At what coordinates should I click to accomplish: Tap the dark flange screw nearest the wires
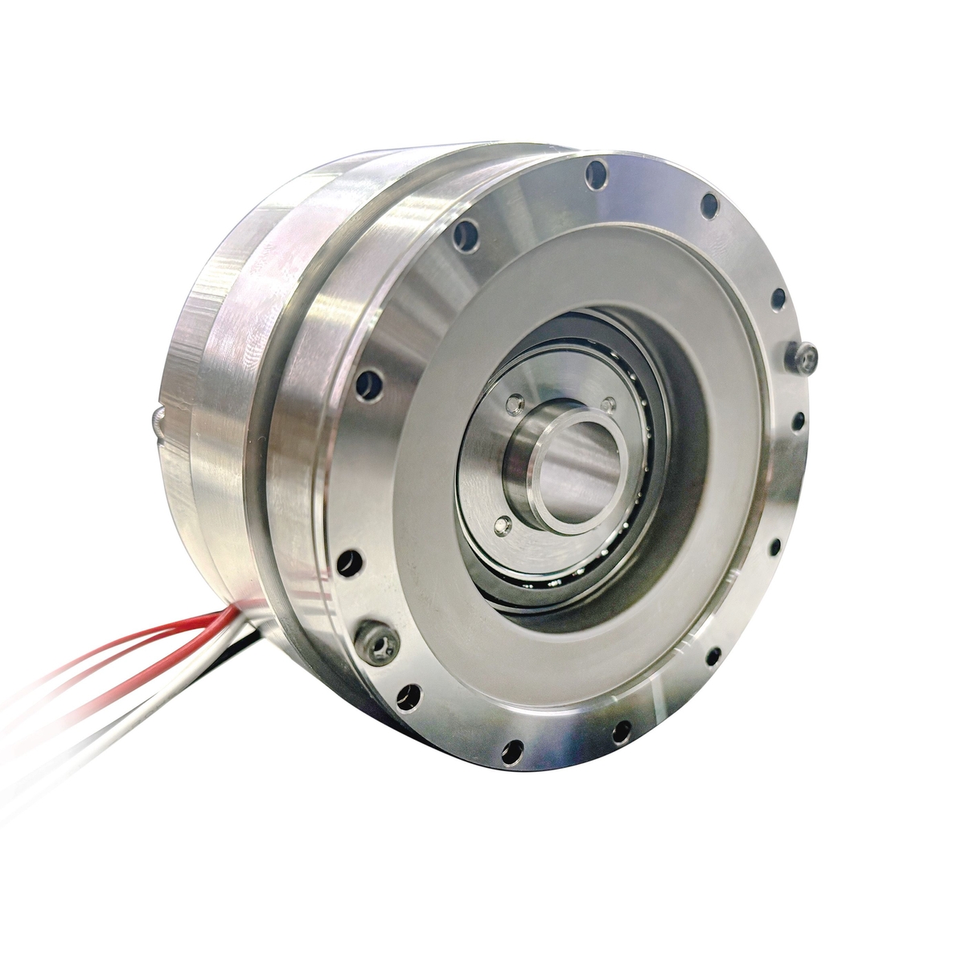click(x=376, y=636)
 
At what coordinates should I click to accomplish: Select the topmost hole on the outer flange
click(x=596, y=172)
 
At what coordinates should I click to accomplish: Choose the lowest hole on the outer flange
click(x=507, y=752)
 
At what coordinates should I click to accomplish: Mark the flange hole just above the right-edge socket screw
click(x=778, y=300)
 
